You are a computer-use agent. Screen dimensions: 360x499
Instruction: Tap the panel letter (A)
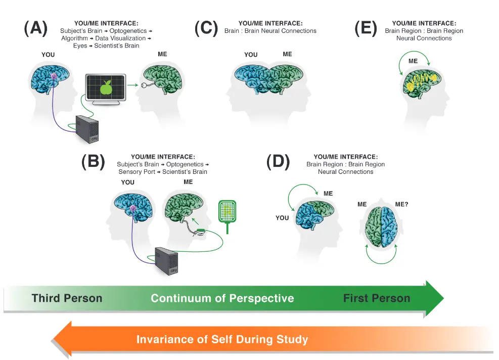[36, 29]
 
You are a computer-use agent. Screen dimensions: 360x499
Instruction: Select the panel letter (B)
[93, 161]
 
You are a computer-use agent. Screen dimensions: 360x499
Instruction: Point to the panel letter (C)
[206, 29]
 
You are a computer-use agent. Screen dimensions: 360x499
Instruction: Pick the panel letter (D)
[278, 161]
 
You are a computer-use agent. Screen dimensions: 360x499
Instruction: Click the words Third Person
[67, 298]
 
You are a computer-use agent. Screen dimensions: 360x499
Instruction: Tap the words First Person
[377, 298]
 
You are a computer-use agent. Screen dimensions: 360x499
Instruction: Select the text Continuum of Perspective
[222, 298]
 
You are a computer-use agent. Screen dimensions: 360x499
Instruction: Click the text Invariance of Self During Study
[222, 339]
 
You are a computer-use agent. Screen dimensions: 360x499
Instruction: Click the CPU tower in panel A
[87, 129]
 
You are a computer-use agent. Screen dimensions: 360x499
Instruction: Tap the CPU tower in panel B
[167, 260]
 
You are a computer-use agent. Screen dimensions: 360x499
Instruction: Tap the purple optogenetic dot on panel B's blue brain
[133, 208]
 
